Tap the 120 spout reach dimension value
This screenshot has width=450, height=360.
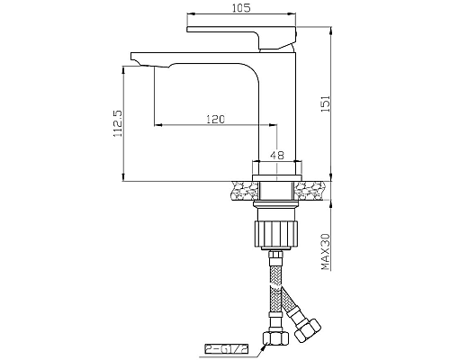pos(214,119)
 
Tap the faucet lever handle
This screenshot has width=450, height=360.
pos(243,34)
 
